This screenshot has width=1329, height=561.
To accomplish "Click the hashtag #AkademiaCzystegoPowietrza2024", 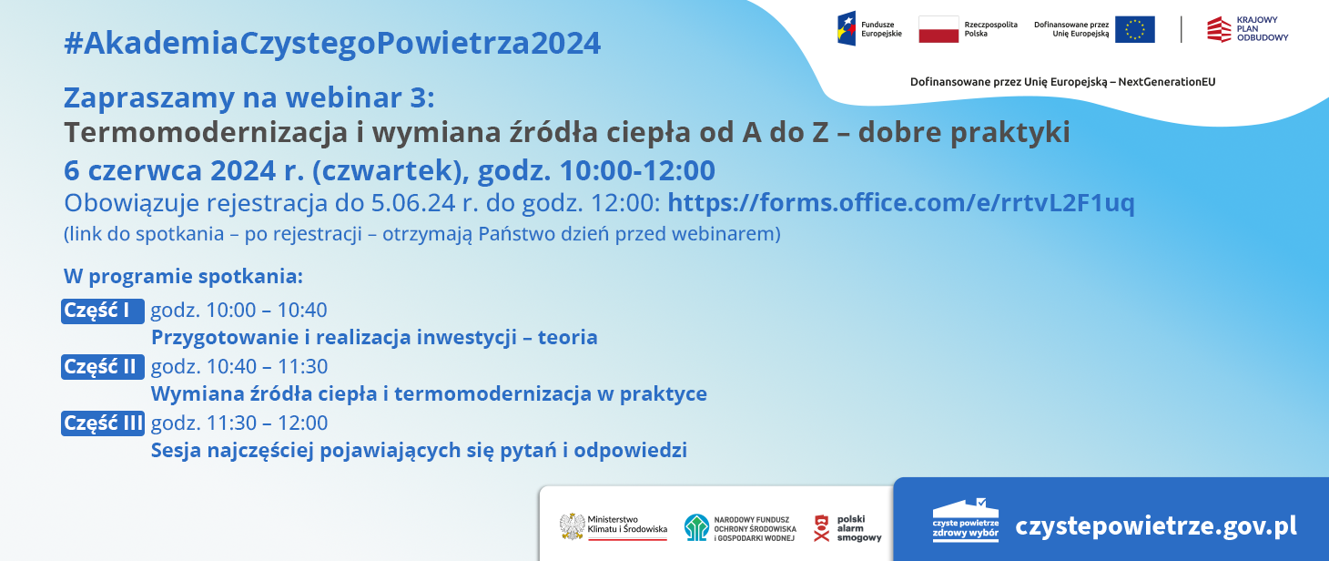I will (x=332, y=43).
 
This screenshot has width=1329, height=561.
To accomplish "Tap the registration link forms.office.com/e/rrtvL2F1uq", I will (x=901, y=202).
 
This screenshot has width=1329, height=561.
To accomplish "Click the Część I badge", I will (x=102, y=311).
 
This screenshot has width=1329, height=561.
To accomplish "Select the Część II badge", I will (x=102, y=367).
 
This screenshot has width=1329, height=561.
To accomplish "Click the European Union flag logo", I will (x=1134, y=29).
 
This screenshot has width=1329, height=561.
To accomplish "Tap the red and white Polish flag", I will (x=938, y=29).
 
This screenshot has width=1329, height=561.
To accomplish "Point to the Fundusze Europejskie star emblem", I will (x=847, y=29).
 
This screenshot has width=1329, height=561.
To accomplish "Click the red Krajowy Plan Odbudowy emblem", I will (x=1219, y=29).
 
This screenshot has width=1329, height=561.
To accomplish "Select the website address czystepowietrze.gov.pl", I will (x=1156, y=526).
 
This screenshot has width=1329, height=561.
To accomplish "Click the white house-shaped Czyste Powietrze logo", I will (x=965, y=521).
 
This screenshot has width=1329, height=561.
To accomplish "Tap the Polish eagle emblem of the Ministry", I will (x=572, y=525).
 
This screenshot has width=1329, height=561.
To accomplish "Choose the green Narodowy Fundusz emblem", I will (x=696, y=526).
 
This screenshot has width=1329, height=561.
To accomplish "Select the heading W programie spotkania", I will (x=183, y=276).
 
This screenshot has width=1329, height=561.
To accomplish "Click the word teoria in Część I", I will (x=567, y=338).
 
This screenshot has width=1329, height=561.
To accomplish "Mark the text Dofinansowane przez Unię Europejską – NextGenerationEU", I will (x=1062, y=82).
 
